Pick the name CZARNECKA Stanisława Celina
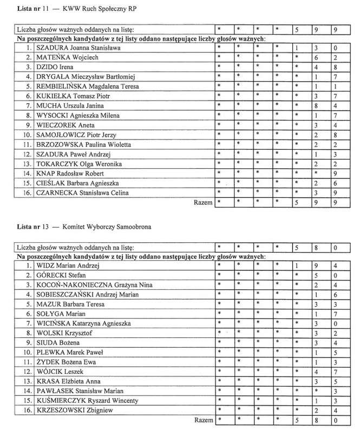tap(77, 193)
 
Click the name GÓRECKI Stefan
tap(58, 276)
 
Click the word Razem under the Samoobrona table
tap(204, 420)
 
